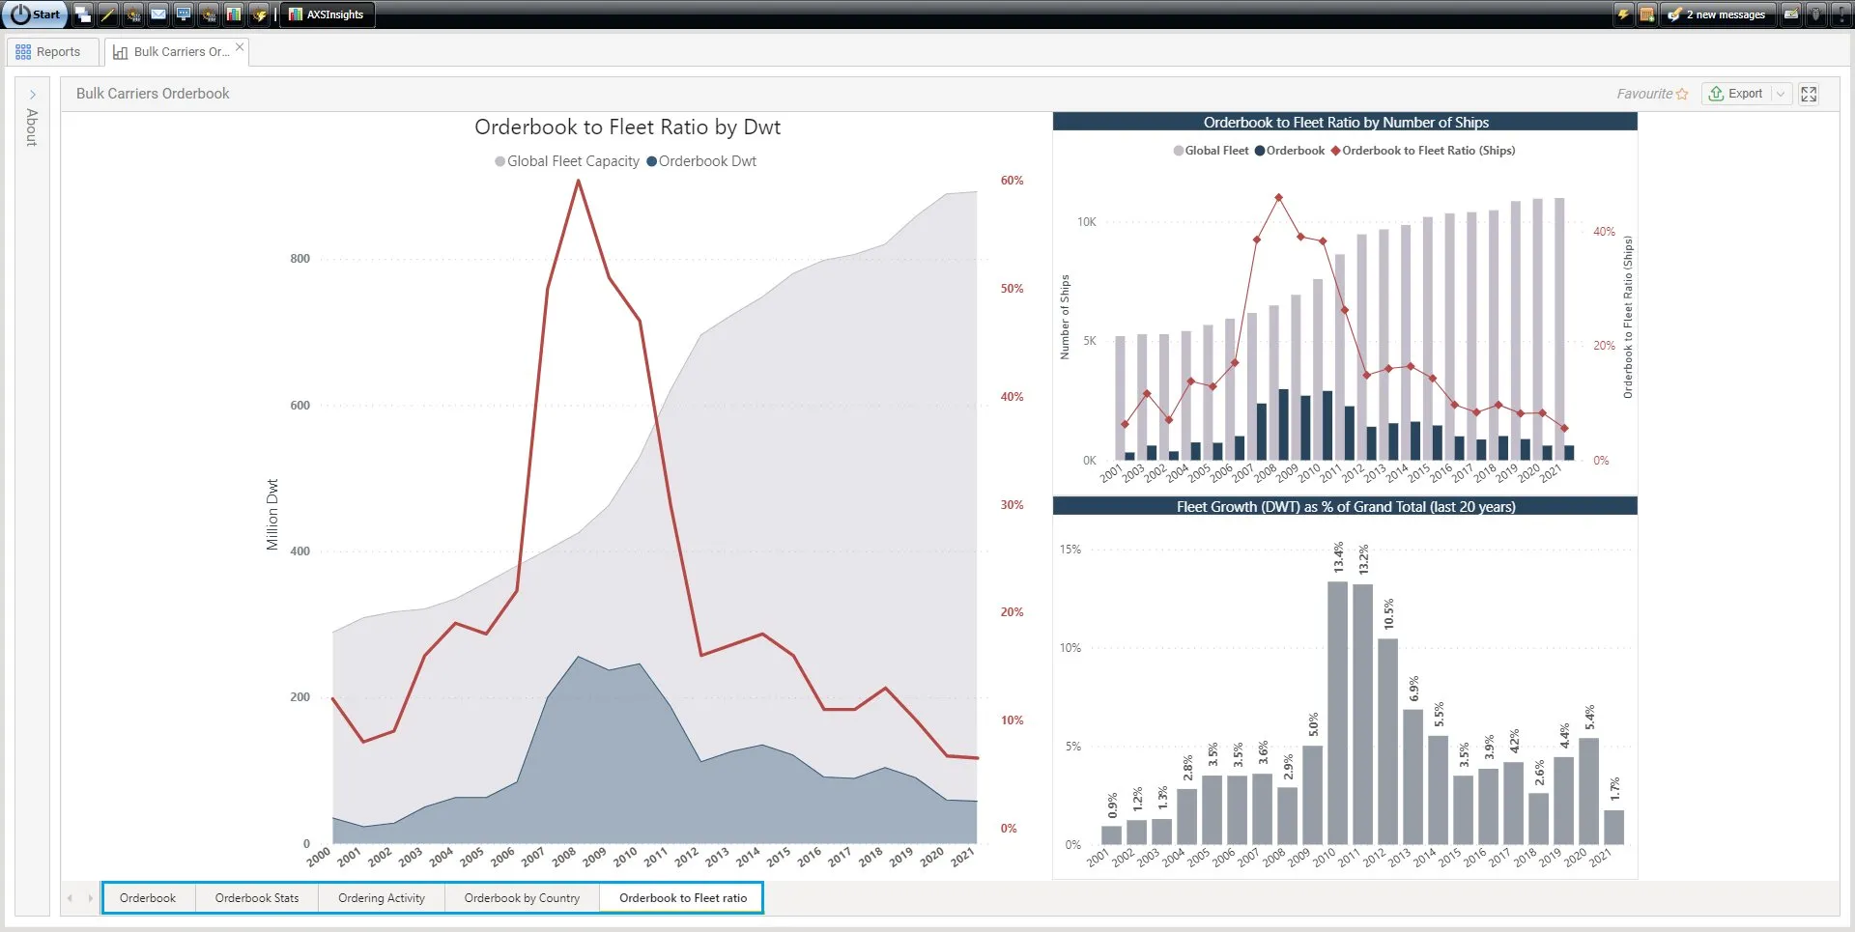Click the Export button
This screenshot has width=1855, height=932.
[x=1736, y=94]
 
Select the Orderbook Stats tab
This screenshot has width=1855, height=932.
[x=257, y=898]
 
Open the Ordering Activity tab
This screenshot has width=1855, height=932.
[x=382, y=898]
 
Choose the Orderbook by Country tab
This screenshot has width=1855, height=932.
[x=522, y=898]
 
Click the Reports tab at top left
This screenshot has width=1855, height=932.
[x=48, y=52]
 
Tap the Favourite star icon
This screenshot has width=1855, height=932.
[x=1682, y=94]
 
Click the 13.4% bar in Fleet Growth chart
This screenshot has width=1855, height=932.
[x=1338, y=713]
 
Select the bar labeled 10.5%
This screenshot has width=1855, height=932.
[x=1388, y=742]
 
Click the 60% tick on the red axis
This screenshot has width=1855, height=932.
[x=1012, y=181]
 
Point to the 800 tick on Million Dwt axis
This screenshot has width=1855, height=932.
[x=300, y=259]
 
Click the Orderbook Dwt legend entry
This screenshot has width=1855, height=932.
[x=701, y=161]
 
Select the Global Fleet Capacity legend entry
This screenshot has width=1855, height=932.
[x=567, y=161]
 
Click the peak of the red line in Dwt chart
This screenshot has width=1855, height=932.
[x=579, y=181]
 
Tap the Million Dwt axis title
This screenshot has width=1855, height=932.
[x=272, y=515]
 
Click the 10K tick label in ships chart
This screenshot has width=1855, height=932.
[x=1087, y=222]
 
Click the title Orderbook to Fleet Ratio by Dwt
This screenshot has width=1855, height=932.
[x=627, y=127]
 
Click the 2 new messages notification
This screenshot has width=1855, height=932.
[x=1726, y=14]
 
